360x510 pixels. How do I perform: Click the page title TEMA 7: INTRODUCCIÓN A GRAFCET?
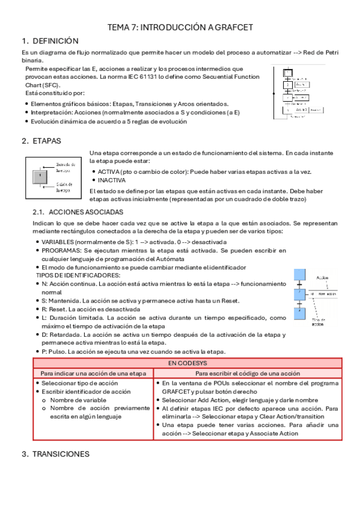[x=180, y=27]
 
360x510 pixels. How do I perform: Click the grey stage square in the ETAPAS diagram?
[x=40, y=176]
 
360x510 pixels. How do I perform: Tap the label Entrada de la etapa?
[x=66, y=167]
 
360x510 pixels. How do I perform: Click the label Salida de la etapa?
[x=64, y=187]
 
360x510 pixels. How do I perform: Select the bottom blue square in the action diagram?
[x=299, y=313]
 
